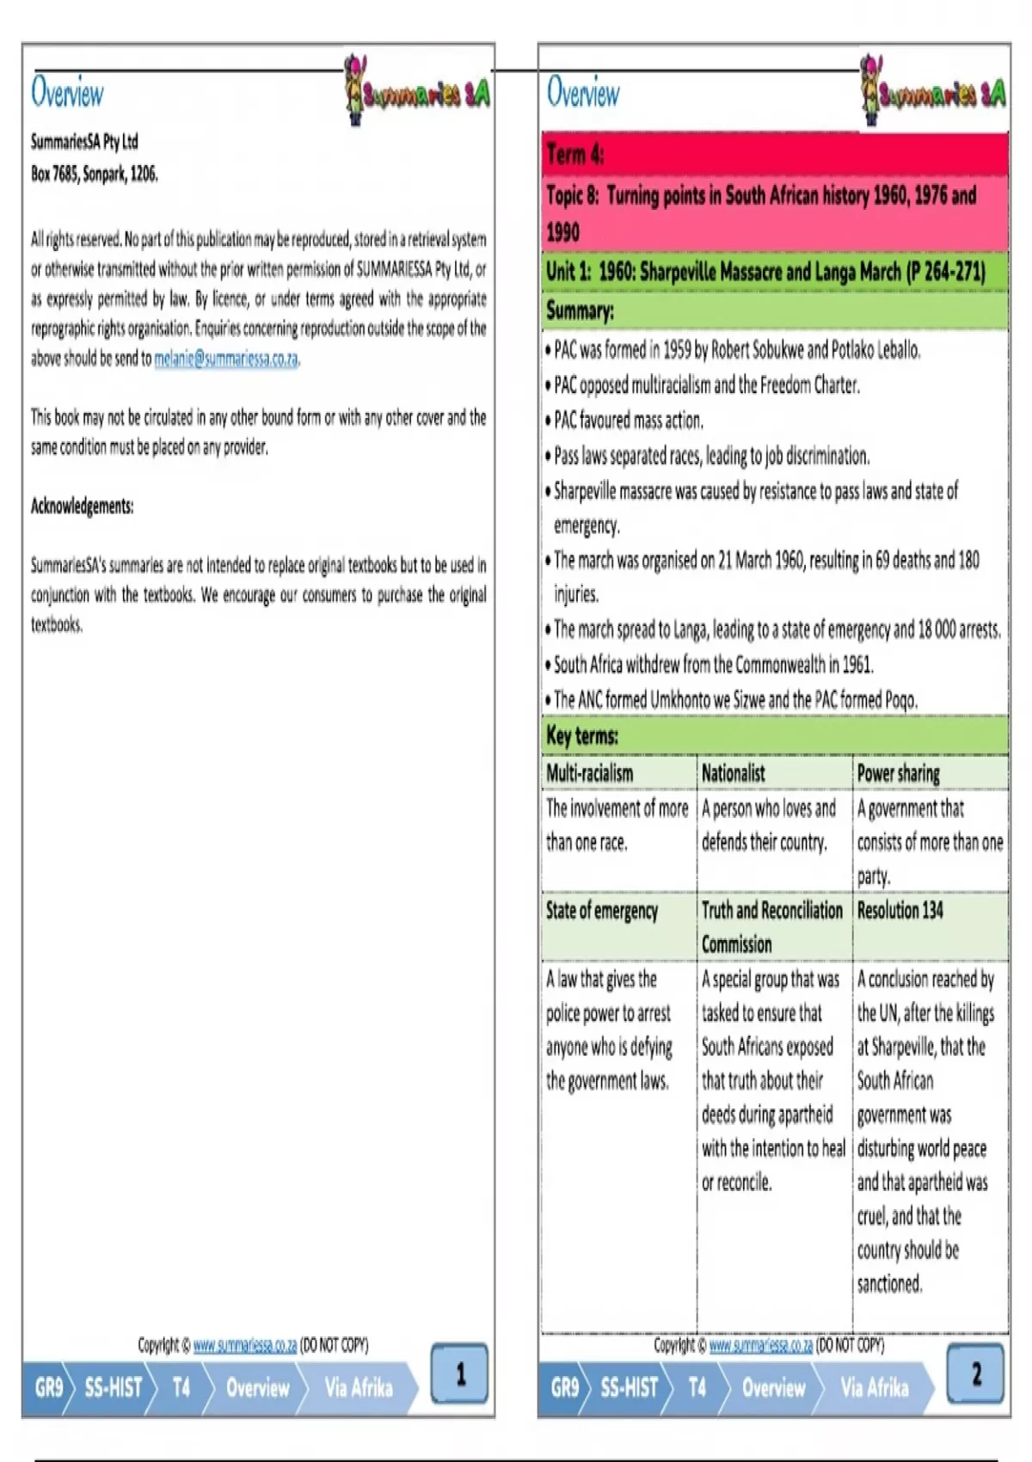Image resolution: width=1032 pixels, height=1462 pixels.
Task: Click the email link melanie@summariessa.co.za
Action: click(226, 359)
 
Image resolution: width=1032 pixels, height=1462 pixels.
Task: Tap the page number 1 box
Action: click(459, 1373)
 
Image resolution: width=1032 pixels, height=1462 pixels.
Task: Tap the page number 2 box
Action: click(975, 1373)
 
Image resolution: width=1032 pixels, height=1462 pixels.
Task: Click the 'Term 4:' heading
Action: click(575, 155)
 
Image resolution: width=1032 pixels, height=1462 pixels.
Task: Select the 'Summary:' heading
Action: click(580, 311)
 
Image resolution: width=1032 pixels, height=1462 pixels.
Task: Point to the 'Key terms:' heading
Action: click(582, 736)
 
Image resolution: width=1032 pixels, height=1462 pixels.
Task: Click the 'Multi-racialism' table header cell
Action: click(590, 773)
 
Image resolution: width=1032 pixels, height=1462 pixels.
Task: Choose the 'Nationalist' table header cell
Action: click(734, 773)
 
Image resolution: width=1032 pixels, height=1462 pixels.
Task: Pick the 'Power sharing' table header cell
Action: click(899, 773)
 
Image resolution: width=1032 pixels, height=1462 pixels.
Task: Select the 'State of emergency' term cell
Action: click(602, 911)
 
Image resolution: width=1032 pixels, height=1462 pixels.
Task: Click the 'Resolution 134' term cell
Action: click(900, 911)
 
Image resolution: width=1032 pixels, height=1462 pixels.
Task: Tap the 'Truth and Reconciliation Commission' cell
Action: click(771, 927)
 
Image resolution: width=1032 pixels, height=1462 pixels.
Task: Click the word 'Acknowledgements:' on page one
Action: click(83, 506)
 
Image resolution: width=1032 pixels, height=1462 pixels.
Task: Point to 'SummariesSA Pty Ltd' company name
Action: click(84, 141)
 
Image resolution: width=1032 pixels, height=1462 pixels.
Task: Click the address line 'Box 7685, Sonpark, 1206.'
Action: click(95, 174)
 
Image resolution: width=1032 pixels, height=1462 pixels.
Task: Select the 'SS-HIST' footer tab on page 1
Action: click(113, 1387)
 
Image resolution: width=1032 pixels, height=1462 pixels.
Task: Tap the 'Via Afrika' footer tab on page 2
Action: click(874, 1387)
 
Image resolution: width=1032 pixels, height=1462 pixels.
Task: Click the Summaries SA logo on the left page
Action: click(416, 91)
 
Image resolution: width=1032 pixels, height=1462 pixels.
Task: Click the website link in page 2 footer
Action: click(760, 1345)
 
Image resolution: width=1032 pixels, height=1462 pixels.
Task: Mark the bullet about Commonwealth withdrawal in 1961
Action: click(713, 665)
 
